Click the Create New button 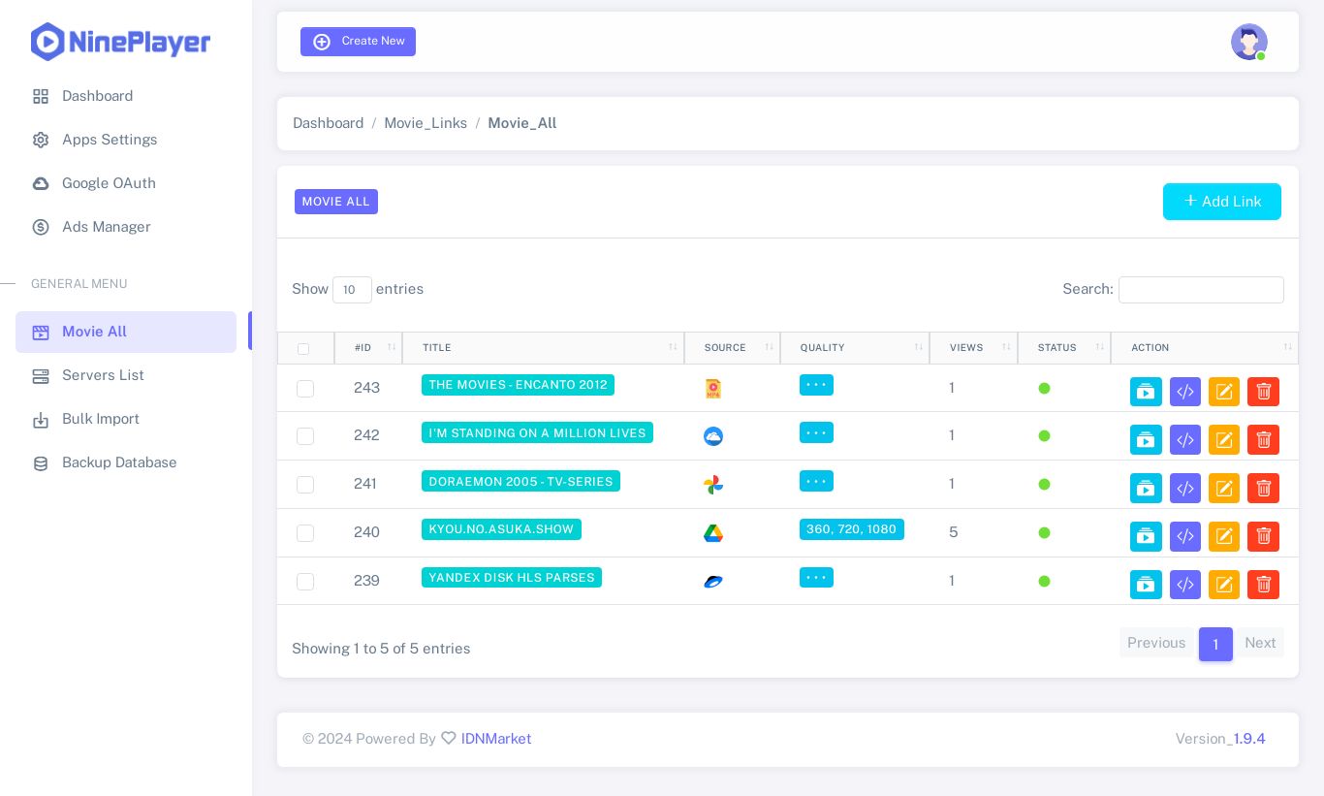pyautogui.click(x=358, y=42)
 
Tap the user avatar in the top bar pyautogui.click(x=1248, y=42)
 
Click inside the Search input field pyautogui.click(x=1200, y=290)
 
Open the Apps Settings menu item pyautogui.click(x=110, y=140)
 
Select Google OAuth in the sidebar pyautogui.click(x=109, y=183)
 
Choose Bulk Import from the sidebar pyautogui.click(x=101, y=419)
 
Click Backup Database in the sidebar pyautogui.click(x=119, y=462)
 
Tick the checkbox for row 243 pyautogui.click(x=305, y=388)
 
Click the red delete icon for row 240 pyautogui.click(x=1263, y=536)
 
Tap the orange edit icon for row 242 pyautogui.click(x=1224, y=440)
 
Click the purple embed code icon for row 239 pyautogui.click(x=1184, y=585)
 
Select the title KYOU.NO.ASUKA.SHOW pyautogui.click(x=501, y=529)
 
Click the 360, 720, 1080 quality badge pyautogui.click(x=851, y=529)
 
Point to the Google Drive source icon pyautogui.click(x=713, y=533)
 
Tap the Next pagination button pyautogui.click(x=1259, y=643)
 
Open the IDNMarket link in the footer pyautogui.click(x=495, y=739)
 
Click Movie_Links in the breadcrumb pyautogui.click(x=426, y=123)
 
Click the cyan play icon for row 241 pyautogui.click(x=1146, y=488)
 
